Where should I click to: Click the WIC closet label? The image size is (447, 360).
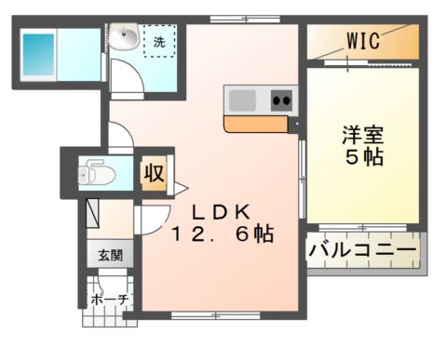361,41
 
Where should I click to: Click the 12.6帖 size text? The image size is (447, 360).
221,234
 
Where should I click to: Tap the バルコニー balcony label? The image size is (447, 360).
362,250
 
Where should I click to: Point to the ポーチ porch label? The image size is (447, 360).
109,299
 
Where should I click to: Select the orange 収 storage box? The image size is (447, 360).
152,174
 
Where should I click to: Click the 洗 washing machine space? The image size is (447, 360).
159,42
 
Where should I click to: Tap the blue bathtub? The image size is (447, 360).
39,53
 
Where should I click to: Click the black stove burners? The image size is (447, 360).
281,98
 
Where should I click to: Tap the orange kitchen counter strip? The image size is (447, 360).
254,124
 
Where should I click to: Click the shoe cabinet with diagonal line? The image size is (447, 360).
94,214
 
